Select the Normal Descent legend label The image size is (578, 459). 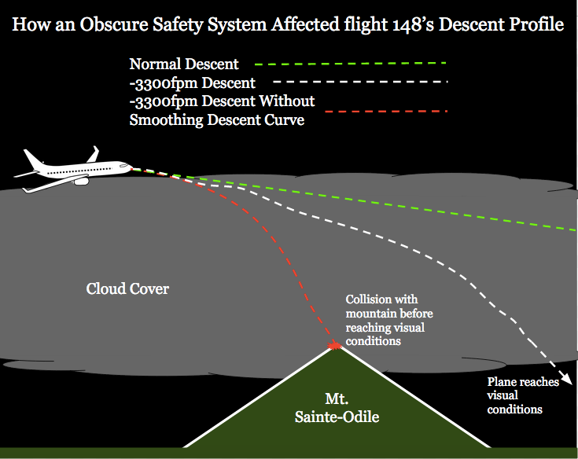point(184,64)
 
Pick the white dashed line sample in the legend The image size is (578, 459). point(361,82)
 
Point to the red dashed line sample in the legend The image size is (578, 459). point(377,114)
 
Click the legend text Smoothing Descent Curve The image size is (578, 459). point(216,120)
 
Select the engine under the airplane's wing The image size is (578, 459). point(80,181)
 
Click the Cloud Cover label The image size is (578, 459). point(127,289)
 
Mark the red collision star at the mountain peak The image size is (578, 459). point(334,344)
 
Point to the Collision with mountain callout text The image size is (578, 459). point(389,320)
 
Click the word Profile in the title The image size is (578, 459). point(532,25)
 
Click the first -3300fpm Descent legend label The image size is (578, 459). point(192,83)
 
